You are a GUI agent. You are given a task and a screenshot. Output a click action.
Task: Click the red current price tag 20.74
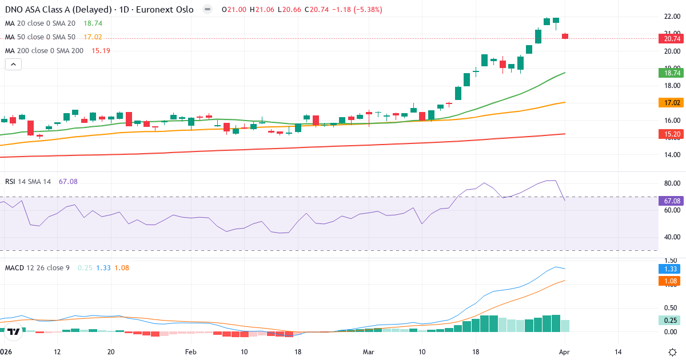click(x=672, y=39)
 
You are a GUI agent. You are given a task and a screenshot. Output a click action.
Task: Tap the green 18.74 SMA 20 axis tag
click(x=672, y=73)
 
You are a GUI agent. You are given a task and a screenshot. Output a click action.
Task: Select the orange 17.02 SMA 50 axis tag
click(x=672, y=103)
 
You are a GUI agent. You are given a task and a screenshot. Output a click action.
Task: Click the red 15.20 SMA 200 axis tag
click(x=672, y=134)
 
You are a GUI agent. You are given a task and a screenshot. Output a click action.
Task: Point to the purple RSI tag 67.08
click(x=672, y=201)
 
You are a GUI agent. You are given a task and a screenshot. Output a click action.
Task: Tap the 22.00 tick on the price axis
click(x=672, y=17)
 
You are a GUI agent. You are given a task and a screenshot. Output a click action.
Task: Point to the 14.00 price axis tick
click(x=672, y=155)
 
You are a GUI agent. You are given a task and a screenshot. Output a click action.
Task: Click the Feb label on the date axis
click(x=190, y=351)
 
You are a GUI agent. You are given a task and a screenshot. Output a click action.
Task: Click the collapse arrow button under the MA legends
click(x=13, y=65)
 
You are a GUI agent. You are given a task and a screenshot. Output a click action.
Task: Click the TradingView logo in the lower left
click(x=14, y=331)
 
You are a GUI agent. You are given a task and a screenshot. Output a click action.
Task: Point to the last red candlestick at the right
click(x=565, y=36)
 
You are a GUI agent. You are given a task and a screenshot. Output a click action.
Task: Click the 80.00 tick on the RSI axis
click(x=672, y=183)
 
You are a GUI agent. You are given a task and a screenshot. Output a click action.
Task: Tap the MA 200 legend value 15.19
click(x=101, y=50)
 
